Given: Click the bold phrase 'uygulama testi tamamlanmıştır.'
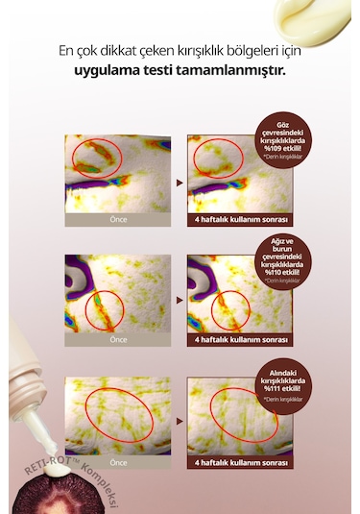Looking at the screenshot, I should [x=180, y=72].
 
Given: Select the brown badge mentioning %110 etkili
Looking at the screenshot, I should [x=296, y=257].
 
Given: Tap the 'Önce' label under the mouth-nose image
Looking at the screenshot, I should [x=118, y=339].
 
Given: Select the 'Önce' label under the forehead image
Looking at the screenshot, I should [x=118, y=461].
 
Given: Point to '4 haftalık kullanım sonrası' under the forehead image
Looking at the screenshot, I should [x=240, y=461].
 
